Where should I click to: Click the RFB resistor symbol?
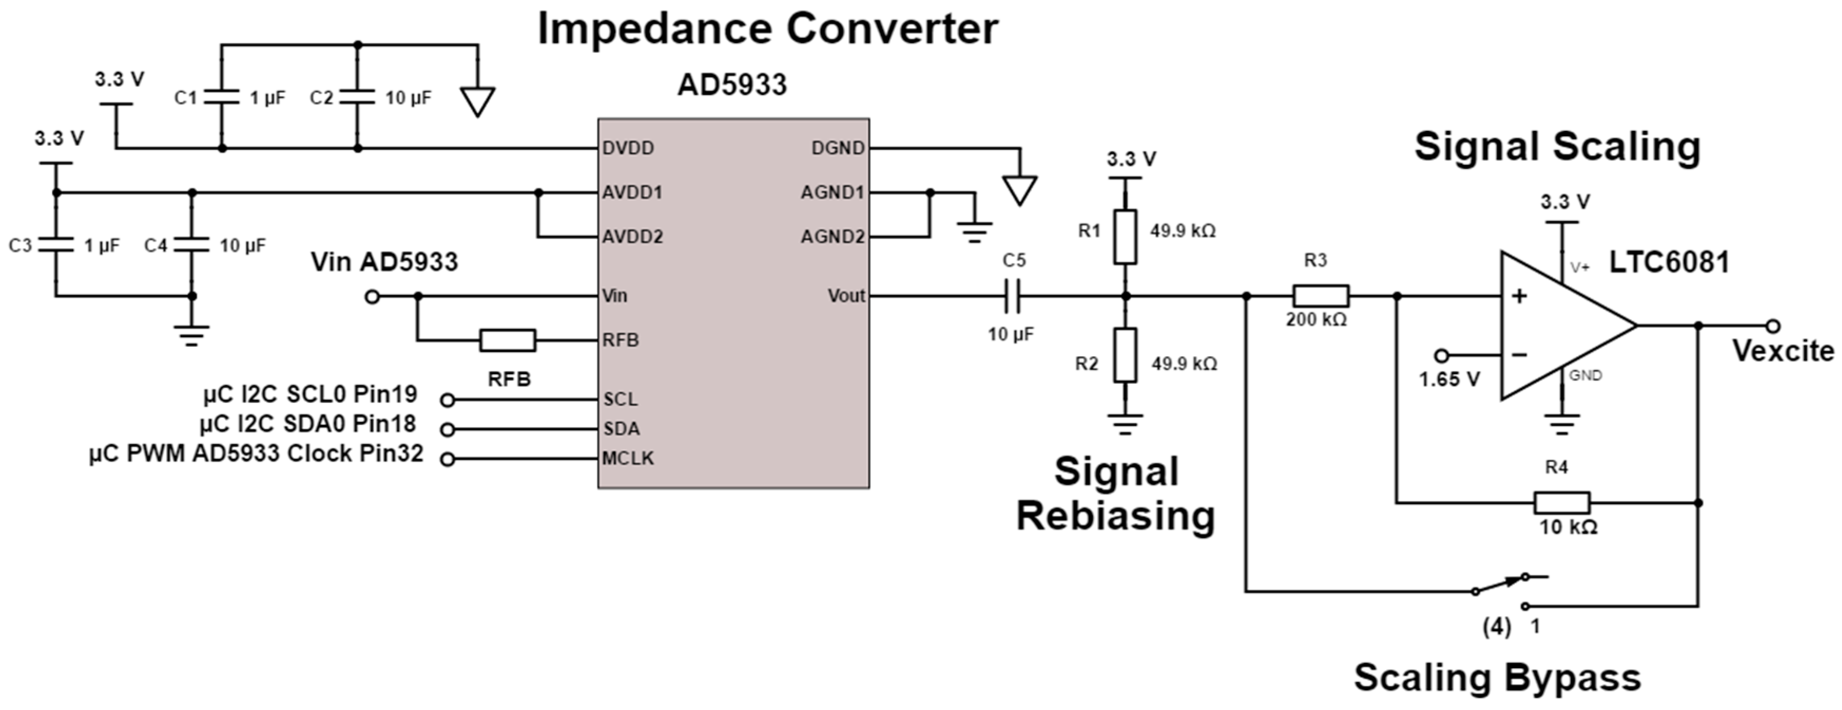coord(507,340)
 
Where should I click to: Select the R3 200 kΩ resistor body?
coord(1321,296)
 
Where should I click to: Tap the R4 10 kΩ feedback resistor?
coord(1562,503)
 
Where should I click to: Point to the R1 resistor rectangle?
coord(1125,237)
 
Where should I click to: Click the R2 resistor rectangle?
coord(1125,355)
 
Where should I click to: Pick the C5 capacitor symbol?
coord(1012,296)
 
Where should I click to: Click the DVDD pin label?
coord(628,148)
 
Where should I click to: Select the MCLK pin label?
coord(627,459)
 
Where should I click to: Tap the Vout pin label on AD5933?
coord(846,296)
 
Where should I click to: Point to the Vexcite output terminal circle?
coord(1772,326)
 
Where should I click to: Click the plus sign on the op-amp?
coord(1519,296)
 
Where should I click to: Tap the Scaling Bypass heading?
coord(1497,677)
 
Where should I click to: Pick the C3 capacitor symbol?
coord(56,245)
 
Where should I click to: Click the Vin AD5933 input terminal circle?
coord(372,296)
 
